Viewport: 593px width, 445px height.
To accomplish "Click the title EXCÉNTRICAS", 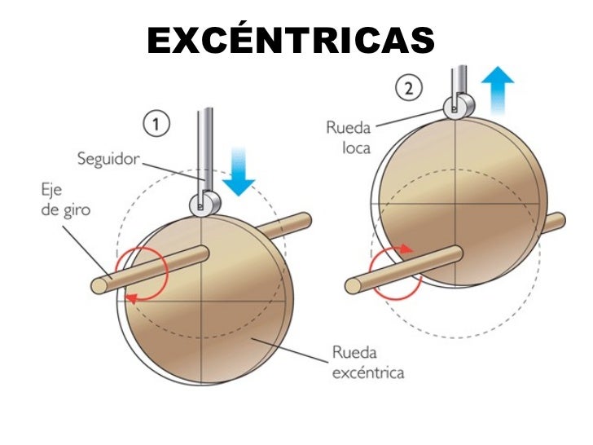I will click(291, 40).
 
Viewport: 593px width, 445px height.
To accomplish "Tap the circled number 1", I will click(156, 125).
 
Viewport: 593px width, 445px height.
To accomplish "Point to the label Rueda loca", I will click(349, 138).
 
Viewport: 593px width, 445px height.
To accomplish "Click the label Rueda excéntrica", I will click(368, 363).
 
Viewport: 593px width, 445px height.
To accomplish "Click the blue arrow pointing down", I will click(239, 170).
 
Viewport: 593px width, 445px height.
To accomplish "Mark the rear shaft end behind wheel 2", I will click(558, 220).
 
